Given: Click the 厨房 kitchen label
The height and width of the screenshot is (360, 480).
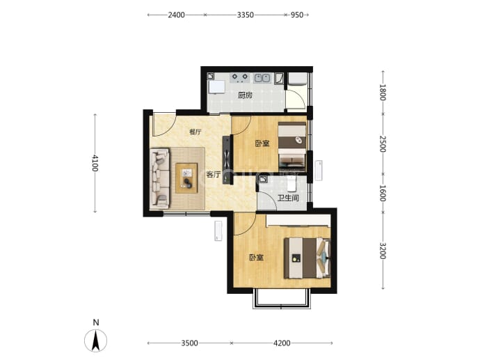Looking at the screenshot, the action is point(245,95).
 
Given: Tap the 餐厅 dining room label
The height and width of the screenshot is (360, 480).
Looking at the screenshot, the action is point(195,132).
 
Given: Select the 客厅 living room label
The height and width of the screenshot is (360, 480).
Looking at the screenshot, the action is point(214,174).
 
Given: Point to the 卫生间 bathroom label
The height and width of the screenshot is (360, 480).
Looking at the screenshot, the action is point(288,198).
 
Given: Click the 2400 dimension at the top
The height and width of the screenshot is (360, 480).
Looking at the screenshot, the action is point(176,15).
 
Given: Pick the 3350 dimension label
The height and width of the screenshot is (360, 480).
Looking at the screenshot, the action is point(245,15).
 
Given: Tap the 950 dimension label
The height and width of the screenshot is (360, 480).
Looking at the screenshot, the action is point(296,15).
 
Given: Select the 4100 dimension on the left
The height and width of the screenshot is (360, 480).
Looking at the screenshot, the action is point(95,163).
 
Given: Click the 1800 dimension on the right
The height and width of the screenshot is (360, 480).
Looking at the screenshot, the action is point(383,92).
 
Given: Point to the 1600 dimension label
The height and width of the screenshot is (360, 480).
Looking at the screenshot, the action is point(383,193).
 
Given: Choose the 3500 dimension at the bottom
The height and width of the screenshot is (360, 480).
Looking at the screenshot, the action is point(189,343).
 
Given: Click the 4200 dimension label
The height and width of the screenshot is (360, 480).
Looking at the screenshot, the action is point(282,343).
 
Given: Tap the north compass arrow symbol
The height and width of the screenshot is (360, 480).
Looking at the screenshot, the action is point(96,340).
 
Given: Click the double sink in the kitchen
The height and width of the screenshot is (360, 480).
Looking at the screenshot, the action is point(262,78).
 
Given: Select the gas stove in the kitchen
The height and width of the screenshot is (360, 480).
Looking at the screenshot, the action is point(240,77).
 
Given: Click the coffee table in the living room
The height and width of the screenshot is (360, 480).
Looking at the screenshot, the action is point(186,178).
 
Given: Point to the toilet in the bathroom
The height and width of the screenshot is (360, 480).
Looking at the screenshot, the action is point(292,184).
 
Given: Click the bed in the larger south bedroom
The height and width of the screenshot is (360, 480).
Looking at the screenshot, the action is point(307,258).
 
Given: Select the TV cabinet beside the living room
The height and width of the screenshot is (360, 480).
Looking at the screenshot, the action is point(227,159).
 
